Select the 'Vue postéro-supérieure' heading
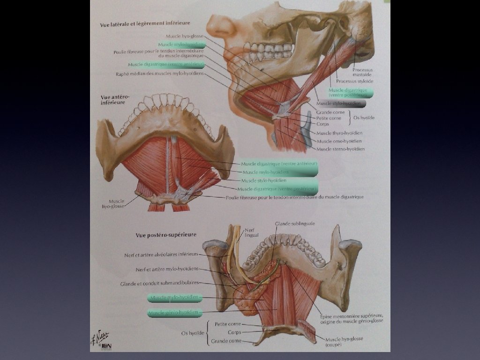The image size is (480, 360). click(x=165, y=235)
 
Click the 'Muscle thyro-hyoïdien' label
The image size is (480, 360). click(x=340, y=133)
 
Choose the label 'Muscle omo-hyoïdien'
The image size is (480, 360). click(x=339, y=141)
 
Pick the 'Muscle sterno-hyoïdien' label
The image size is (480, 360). click(x=340, y=149)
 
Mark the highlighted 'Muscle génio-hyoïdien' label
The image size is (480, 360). click(x=175, y=312)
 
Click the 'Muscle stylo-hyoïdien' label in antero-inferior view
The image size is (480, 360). click(x=264, y=180)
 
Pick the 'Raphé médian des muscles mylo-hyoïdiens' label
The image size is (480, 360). click(x=159, y=74)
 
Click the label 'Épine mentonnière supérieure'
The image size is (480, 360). click(x=352, y=315)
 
